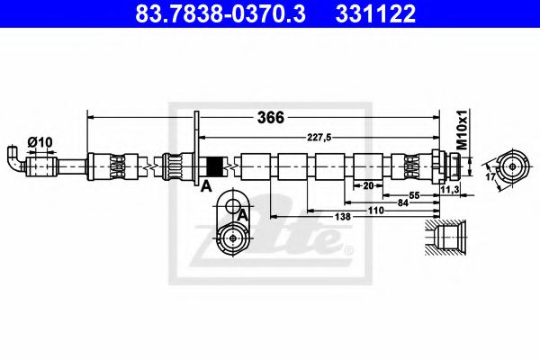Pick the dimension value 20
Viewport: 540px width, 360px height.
point(368,186)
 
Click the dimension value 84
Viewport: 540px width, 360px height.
point(401,202)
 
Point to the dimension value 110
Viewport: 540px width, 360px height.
point(375,211)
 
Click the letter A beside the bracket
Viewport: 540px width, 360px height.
point(206,186)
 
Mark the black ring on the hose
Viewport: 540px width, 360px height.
point(215,166)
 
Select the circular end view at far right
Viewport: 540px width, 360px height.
point(514,166)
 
